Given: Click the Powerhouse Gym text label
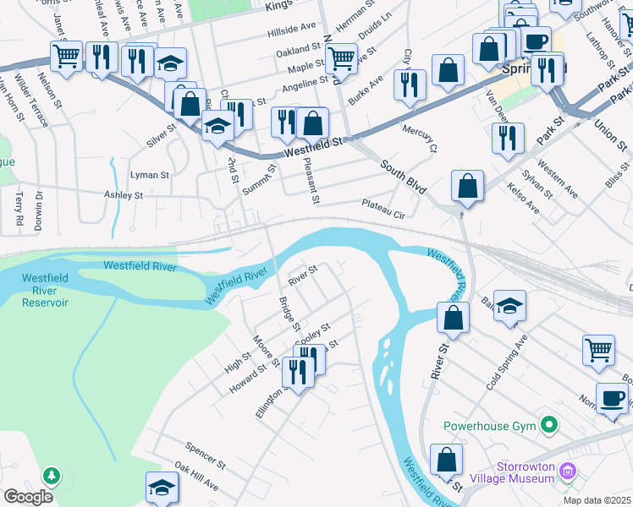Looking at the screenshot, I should click(x=490, y=425).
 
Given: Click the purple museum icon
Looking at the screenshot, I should click(x=569, y=471).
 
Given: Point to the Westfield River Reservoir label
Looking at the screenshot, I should click(x=45, y=290).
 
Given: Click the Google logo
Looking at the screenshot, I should click(x=28, y=497).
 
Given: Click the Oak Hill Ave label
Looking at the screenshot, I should click(x=196, y=477).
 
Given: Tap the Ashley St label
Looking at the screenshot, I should click(x=123, y=195).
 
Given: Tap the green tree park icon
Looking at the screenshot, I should click(x=52, y=477).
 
